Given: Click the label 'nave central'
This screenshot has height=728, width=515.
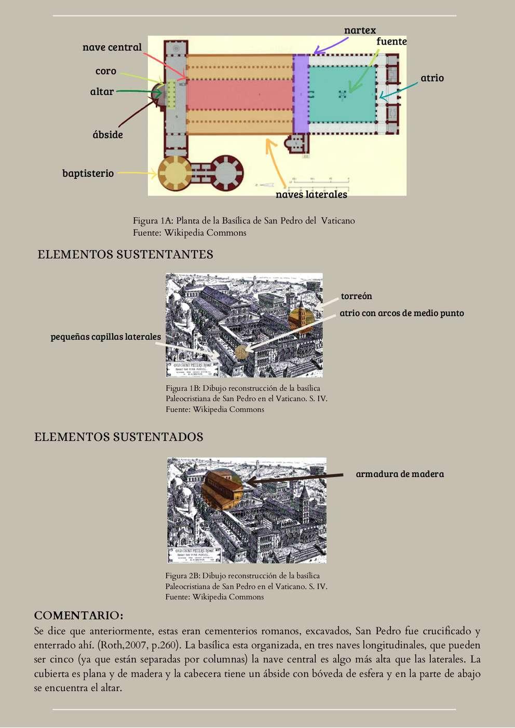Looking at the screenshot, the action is [x=112, y=47].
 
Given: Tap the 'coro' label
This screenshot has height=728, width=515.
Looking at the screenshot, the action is [x=105, y=71].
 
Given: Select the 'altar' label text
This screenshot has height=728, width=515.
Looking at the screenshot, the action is [x=102, y=92].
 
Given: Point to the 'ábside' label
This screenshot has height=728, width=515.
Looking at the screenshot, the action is [x=107, y=135].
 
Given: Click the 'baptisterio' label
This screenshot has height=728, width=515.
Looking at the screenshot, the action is [x=88, y=173].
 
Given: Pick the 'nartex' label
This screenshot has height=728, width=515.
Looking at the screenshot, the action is [x=360, y=31].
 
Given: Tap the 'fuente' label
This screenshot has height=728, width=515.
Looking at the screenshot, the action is [x=391, y=41].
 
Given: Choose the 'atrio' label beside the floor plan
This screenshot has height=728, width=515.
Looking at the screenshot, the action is [x=432, y=78].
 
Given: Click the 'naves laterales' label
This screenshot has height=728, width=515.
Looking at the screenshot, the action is [x=311, y=194].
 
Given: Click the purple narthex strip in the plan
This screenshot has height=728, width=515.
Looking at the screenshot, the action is [x=301, y=93].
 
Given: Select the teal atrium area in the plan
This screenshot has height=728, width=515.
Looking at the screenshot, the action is [x=343, y=93].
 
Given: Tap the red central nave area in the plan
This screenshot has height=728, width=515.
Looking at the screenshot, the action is [x=239, y=94].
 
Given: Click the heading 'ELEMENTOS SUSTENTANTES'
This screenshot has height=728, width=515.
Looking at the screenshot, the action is [x=125, y=255].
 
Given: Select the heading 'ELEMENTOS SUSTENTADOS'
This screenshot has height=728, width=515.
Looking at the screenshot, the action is [x=118, y=437].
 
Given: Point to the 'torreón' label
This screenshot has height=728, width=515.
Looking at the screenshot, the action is [x=356, y=296].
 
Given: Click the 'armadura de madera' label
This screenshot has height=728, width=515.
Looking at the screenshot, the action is [x=400, y=474].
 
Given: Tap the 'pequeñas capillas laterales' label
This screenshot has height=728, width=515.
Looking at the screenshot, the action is [x=105, y=337].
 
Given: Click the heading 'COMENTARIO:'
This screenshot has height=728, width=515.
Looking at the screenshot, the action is [x=78, y=615].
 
